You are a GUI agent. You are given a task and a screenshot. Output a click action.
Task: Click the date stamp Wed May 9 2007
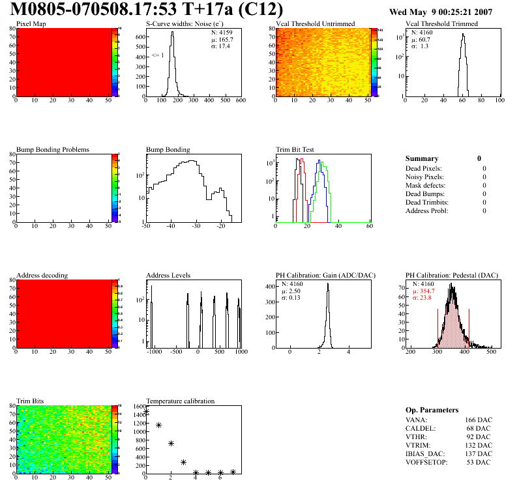tap(441, 12)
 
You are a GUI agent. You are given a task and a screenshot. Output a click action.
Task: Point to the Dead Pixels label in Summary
tap(424, 169)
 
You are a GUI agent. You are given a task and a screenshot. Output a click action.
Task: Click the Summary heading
tap(422, 158)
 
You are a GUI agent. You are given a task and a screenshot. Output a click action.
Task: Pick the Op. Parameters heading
tap(432, 410)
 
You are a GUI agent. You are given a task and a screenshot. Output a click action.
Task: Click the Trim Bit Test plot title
tap(295, 150)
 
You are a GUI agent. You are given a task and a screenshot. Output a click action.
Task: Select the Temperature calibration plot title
tap(180, 401)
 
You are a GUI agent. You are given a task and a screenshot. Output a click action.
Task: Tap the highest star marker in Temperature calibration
tap(146, 412)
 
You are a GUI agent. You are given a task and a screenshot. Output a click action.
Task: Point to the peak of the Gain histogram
tap(329, 284)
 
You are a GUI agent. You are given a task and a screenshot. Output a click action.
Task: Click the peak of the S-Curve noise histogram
tap(172, 33)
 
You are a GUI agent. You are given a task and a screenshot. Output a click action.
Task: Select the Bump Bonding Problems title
tap(53, 150)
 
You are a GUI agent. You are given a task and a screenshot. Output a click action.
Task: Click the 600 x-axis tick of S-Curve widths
tap(240, 100)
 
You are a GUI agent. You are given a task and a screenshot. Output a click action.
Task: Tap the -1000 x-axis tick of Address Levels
tap(155, 352)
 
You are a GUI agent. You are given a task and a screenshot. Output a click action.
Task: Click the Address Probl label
tap(427, 211)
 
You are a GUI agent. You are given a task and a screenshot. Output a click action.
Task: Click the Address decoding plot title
tap(42, 275)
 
